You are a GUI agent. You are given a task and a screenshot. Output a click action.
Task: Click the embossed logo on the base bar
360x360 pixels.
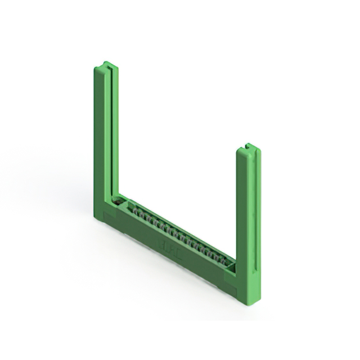(x=169, y=246)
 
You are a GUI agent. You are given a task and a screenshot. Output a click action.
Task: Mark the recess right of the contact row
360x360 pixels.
(x=230, y=263)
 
